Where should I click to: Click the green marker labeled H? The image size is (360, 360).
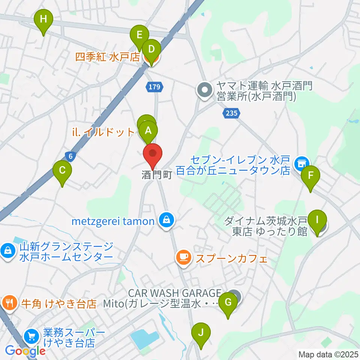coord(43,19)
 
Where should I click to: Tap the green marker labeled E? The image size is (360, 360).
coord(139,36)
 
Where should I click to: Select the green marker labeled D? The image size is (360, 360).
coord(151,49)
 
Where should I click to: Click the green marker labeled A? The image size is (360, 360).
coord(148,131)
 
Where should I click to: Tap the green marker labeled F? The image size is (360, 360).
coord(310,175)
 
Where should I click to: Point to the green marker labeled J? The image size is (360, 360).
coord(201,333)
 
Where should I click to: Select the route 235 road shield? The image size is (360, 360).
coord(232,113)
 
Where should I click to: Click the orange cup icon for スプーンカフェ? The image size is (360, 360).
coord(183,257)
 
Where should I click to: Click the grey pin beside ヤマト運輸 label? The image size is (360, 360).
coord(205,90)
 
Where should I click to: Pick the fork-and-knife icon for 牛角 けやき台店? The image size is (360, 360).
coord(9,302)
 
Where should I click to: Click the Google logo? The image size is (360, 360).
coord(25,351)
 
